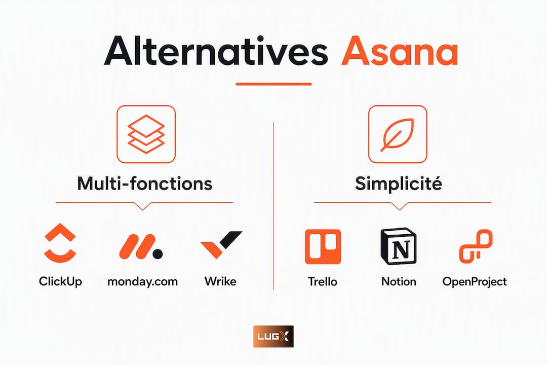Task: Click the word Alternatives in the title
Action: (x=216, y=51)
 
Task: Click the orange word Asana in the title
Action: (x=400, y=51)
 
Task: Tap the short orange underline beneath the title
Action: (x=273, y=84)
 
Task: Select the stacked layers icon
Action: (x=146, y=134)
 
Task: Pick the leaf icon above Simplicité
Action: (x=398, y=134)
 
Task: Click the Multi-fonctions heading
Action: (x=145, y=184)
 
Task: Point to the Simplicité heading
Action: (x=399, y=184)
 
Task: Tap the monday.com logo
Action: (x=141, y=246)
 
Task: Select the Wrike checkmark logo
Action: (x=221, y=244)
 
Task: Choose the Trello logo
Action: (x=323, y=246)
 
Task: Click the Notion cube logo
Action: (x=399, y=246)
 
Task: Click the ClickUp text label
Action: (x=60, y=281)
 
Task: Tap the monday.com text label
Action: (x=143, y=281)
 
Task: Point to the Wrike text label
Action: (x=220, y=281)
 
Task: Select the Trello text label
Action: (x=323, y=281)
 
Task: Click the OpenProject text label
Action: (x=475, y=282)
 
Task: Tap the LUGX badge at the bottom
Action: (x=273, y=337)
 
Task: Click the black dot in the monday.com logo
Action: (x=158, y=254)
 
